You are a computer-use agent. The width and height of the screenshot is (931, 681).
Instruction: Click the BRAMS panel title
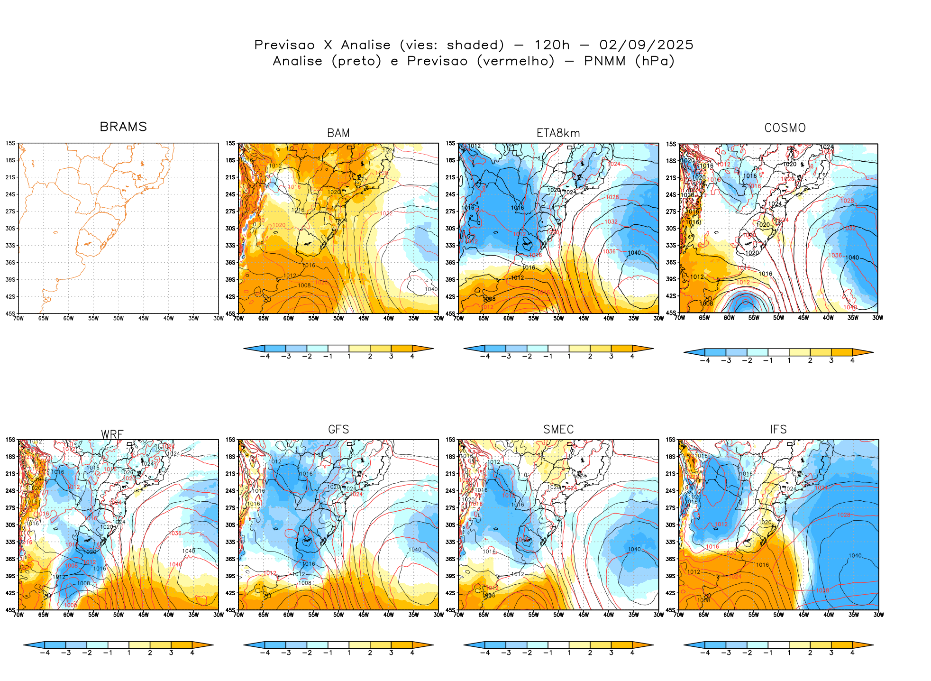click(123, 127)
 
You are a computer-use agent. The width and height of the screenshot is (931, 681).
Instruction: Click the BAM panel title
click(338, 133)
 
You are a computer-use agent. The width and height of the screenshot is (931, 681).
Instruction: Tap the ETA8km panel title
click(558, 133)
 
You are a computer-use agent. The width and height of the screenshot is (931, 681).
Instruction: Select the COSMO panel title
click(785, 128)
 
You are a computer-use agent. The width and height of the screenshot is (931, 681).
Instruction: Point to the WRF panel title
click(112, 434)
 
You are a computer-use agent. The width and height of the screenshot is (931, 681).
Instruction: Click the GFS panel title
click(338, 430)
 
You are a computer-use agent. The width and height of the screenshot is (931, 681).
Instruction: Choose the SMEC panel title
click(558, 430)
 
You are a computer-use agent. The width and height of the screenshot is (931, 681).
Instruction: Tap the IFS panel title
click(778, 430)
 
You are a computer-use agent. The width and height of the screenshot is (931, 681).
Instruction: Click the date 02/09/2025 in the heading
click(646, 45)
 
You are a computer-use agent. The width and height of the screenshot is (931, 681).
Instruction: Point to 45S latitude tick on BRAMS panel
click(10, 313)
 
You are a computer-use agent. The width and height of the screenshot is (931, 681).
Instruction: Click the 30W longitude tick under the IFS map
click(878, 615)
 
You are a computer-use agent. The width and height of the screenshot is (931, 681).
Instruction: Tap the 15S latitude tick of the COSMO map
click(671, 144)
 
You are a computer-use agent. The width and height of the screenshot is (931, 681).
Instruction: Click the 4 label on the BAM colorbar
click(412, 356)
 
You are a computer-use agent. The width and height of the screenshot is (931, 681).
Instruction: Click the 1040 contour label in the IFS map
click(855, 556)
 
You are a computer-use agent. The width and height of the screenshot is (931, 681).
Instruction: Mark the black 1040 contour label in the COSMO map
click(852, 258)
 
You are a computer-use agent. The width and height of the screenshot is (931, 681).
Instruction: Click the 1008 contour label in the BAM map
click(304, 285)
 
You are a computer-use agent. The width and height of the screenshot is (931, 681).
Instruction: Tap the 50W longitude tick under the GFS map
click(338, 615)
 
